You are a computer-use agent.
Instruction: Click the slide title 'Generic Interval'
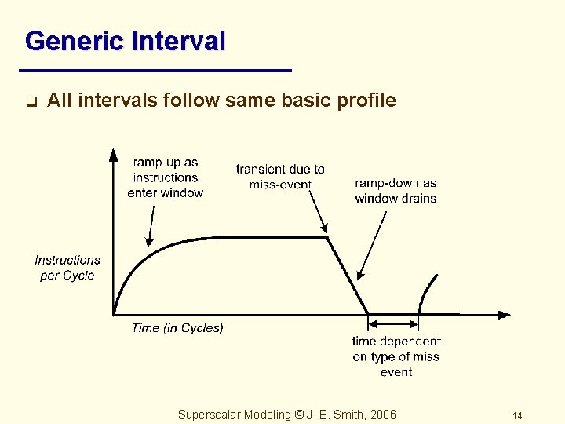point(126,41)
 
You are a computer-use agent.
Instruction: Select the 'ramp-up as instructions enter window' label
point(165,177)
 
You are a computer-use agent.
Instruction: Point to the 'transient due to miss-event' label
point(280,177)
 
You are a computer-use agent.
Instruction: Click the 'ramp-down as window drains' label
point(395,191)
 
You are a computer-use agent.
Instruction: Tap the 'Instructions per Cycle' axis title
point(67,268)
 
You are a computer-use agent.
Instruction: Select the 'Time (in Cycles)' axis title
point(177,328)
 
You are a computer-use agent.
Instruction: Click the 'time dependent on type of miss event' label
point(396,356)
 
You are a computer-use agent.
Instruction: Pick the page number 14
point(516,415)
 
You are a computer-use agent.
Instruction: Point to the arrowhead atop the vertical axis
point(114,154)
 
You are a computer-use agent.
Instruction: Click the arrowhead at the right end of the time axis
point(504,315)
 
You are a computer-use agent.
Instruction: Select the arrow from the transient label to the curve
point(316,208)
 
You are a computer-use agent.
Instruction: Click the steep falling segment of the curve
point(347,274)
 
